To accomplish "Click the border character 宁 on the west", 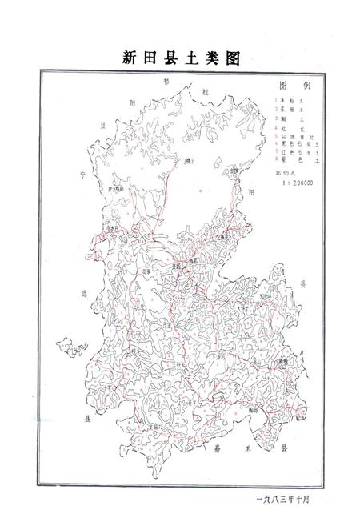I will pyautogui.click(x=82, y=172).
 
